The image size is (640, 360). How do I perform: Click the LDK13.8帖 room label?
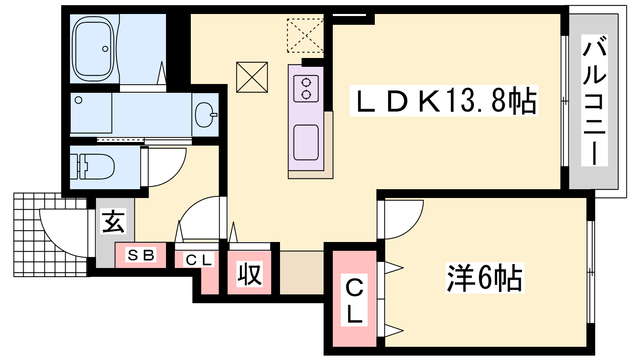tap(444, 100)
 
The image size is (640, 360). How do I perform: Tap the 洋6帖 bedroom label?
tap(485, 278)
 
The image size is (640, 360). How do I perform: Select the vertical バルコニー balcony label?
tap(594, 100)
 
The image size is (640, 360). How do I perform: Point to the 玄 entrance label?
tap(113, 222)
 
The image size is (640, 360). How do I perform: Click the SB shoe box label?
tap(141, 255)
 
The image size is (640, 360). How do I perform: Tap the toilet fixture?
tap(92, 167)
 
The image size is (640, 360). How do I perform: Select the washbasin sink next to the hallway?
tap(206, 115)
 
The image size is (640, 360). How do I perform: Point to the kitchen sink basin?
tap(306, 142)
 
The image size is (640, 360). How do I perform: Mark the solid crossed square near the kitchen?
tap(252, 77)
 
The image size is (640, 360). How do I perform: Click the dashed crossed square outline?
tap(305, 36)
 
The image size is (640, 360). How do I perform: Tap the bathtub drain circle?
tap(105, 49)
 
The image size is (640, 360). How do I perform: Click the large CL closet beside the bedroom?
tap(354, 298)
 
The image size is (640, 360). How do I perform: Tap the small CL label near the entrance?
tap(199, 260)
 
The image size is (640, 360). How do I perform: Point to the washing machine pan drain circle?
tap(78, 100)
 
